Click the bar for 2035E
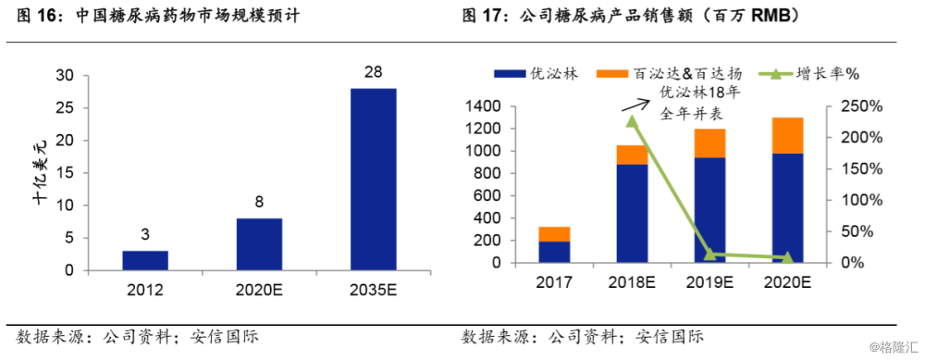(374, 179)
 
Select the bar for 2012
(145, 260)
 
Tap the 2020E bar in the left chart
(259, 243)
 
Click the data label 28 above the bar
(374, 71)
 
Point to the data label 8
(259, 202)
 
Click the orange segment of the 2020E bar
(787, 135)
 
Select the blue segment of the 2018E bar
(632, 213)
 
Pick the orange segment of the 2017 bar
(554, 233)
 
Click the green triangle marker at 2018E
(632, 121)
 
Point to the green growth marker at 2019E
(709, 254)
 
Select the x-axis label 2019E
(709, 282)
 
